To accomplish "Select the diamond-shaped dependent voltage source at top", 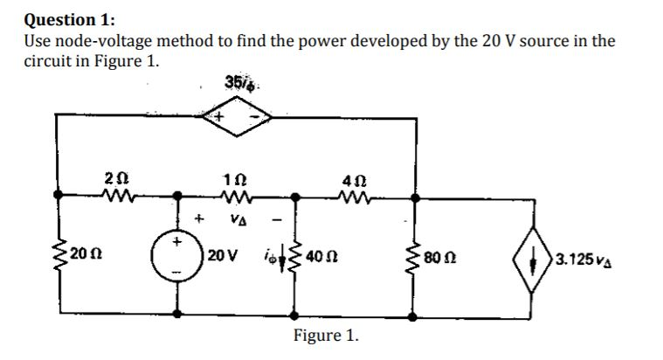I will coord(234,116).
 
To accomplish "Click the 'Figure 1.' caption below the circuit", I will coord(326,336).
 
